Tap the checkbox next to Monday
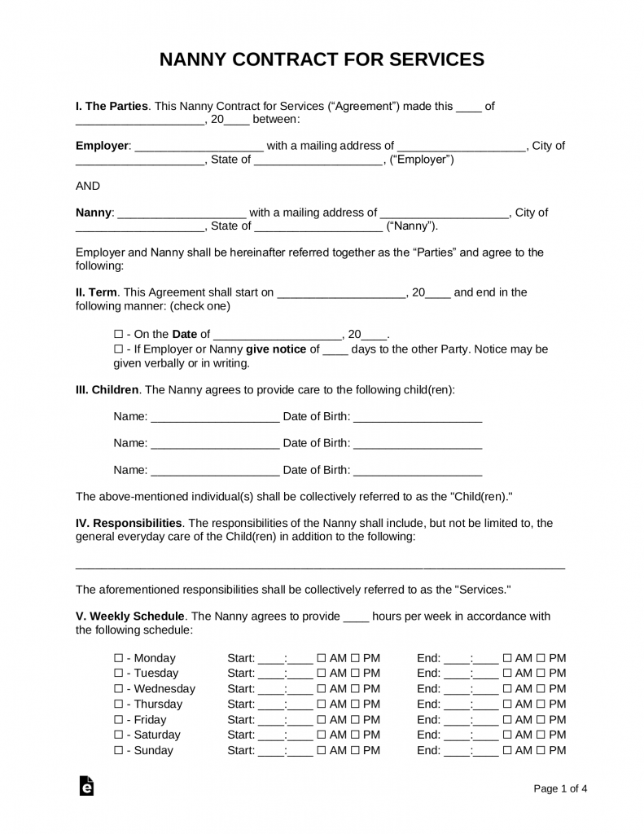click(x=118, y=658)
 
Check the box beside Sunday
click(x=118, y=751)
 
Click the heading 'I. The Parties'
click(x=112, y=106)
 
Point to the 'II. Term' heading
click(x=97, y=292)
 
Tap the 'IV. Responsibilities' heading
click(x=129, y=523)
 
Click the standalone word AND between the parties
click(x=88, y=186)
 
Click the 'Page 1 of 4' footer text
click(x=560, y=788)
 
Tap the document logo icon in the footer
click(x=85, y=787)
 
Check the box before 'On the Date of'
click(x=118, y=334)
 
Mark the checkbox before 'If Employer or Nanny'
click(x=118, y=349)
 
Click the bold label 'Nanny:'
click(x=94, y=213)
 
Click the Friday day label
click(x=150, y=720)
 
